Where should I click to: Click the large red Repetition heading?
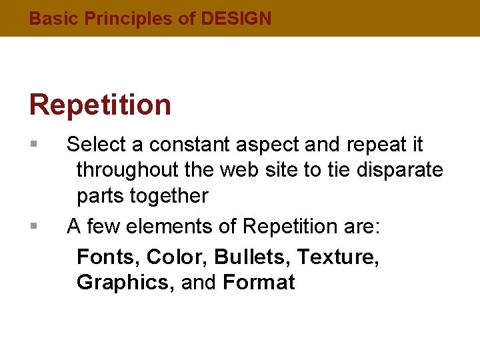[100, 105]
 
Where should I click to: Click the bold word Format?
[259, 282]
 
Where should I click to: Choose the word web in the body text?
[237, 170]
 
